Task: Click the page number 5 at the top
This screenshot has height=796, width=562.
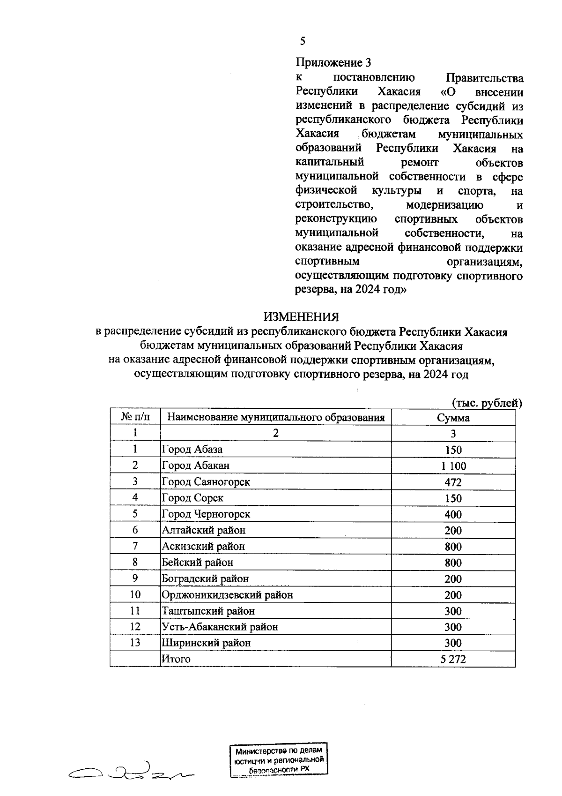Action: point(303,41)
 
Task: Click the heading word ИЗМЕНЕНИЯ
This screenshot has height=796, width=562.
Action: point(301,317)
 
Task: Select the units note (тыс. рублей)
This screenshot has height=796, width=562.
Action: point(487,403)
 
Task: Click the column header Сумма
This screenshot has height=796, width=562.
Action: point(453,418)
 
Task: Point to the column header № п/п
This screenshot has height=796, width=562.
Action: point(135,417)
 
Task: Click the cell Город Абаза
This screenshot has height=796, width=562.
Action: point(192,450)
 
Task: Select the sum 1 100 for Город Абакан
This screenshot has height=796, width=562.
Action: point(453,466)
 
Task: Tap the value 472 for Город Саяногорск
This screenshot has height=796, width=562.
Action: point(453,482)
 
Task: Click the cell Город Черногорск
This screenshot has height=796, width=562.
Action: point(206,514)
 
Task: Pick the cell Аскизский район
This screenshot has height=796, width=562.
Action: point(203,546)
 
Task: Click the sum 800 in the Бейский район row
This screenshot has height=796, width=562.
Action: point(453,563)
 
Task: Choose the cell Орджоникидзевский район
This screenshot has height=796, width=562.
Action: point(227,595)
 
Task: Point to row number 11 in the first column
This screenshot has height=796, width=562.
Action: point(135,611)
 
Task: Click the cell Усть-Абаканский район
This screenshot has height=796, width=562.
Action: point(220,627)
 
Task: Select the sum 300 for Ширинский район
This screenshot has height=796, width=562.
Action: point(453,643)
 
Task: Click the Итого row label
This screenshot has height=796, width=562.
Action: point(176,659)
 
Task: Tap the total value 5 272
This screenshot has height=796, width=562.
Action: point(453,659)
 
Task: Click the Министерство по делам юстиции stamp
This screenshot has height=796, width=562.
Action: point(279,760)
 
